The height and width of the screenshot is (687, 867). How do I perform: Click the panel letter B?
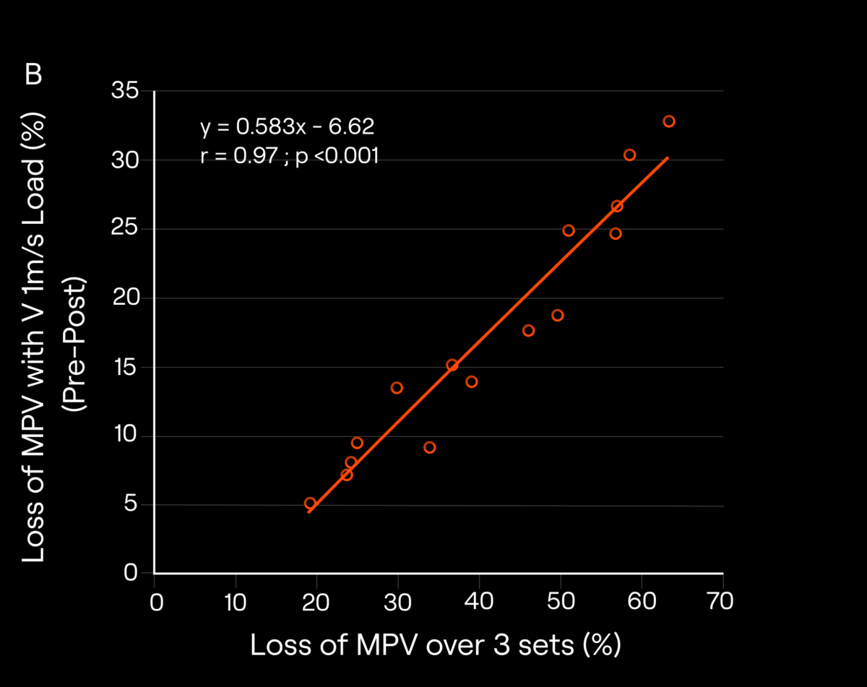click(34, 75)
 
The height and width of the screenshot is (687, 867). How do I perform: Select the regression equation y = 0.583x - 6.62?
click(287, 127)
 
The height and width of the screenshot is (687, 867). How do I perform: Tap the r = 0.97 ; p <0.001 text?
click(290, 156)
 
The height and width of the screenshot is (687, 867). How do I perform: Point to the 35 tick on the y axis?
click(126, 91)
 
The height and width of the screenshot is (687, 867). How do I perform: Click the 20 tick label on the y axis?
click(126, 298)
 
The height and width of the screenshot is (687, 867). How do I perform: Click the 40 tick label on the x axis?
click(478, 601)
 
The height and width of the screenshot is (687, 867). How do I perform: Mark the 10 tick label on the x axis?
click(235, 601)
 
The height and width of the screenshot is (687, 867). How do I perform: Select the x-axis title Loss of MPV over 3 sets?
click(436, 645)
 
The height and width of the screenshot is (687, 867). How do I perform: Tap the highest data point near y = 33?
click(669, 121)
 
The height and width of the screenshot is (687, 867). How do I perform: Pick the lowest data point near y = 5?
click(310, 504)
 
